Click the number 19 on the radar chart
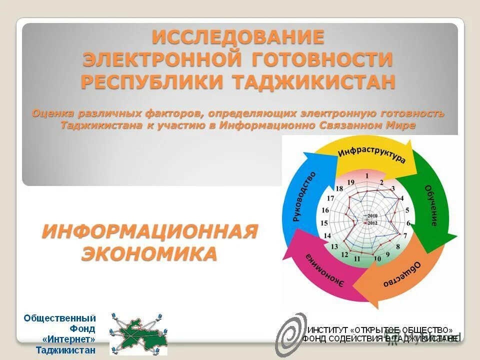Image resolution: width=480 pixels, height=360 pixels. (x=351, y=181)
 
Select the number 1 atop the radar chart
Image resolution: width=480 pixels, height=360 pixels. (x=367, y=175)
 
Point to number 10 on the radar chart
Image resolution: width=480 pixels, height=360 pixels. (x=377, y=258)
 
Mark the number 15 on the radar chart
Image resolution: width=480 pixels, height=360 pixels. (x=324, y=223)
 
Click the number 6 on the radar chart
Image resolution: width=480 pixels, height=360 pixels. (x=408, y=223)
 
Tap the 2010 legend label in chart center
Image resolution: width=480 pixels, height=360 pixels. (x=372, y=215)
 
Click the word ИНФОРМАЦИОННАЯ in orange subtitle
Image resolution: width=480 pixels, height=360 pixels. (x=149, y=231)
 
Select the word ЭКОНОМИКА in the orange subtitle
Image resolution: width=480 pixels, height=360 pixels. (x=149, y=253)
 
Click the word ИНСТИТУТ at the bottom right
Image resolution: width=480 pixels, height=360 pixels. (x=327, y=330)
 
